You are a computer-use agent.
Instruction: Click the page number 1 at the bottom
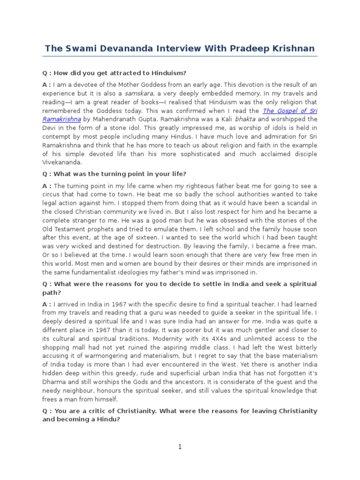tap(180, 447)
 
